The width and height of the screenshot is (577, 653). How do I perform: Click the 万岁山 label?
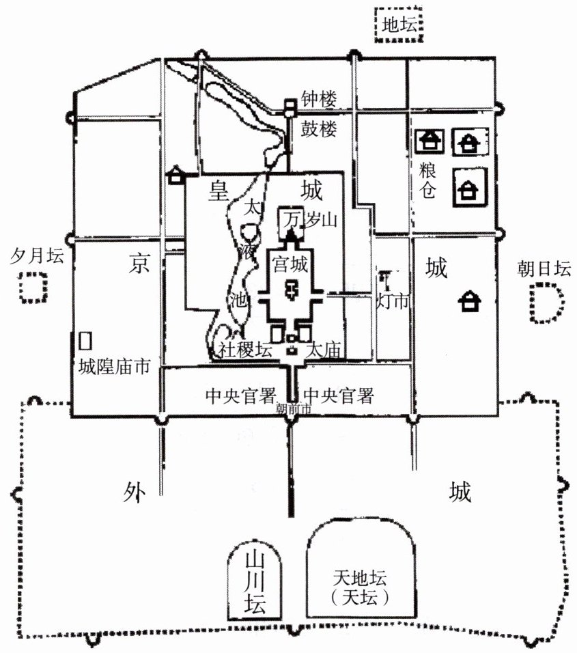click(311, 219)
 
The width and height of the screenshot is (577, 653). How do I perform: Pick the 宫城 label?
click(291, 262)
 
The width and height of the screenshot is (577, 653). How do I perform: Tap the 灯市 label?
click(393, 299)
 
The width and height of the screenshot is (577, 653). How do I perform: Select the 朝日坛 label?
click(544, 269)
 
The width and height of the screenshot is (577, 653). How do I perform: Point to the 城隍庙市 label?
click(113, 367)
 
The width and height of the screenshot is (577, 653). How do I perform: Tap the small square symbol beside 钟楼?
click(290, 106)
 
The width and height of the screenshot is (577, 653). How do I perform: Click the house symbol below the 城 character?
click(468, 301)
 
